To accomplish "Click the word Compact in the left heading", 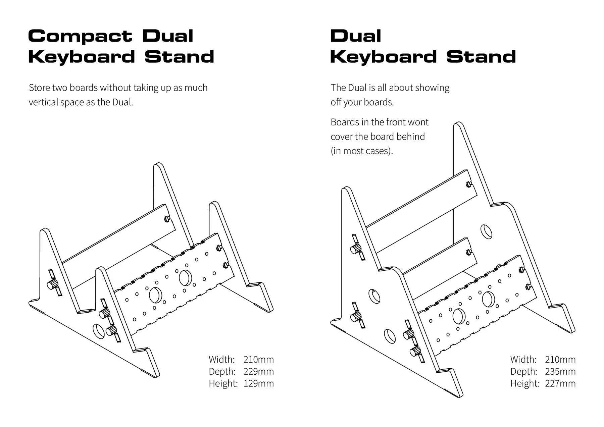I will pyautogui.click(x=80, y=36).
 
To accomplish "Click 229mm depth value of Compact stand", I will pyautogui.click(x=258, y=371).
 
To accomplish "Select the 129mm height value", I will pyautogui.click(x=258, y=383).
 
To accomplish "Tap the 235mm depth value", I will pyautogui.click(x=560, y=371).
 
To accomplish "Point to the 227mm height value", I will pyautogui.click(x=560, y=383).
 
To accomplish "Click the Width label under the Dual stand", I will pyautogui.click(x=523, y=360).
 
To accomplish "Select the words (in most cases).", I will pyautogui.click(x=361, y=151).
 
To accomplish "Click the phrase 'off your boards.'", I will pyautogui.click(x=362, y=102).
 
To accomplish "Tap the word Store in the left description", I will pyautogui.click(x=39, y=88).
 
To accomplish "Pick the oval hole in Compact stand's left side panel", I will pyautogui.click(x=99, y=331).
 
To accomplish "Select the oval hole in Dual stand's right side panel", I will pyautogui.click(x=486, y=231).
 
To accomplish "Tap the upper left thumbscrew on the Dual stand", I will pyautogui.click(x=356, y=249).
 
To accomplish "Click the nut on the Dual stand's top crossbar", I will pyautogui.click(x=469, y=184).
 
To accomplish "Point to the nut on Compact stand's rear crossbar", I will pyautogui.click(x=167, y=219).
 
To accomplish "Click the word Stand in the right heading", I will pyautogui.click(x=481, y=57).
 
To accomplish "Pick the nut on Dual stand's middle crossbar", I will pyautogui.click(x=469, y=252).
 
